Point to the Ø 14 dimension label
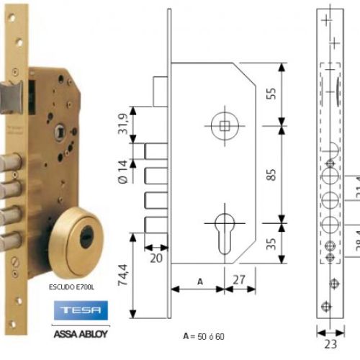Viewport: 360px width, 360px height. (124, 173)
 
